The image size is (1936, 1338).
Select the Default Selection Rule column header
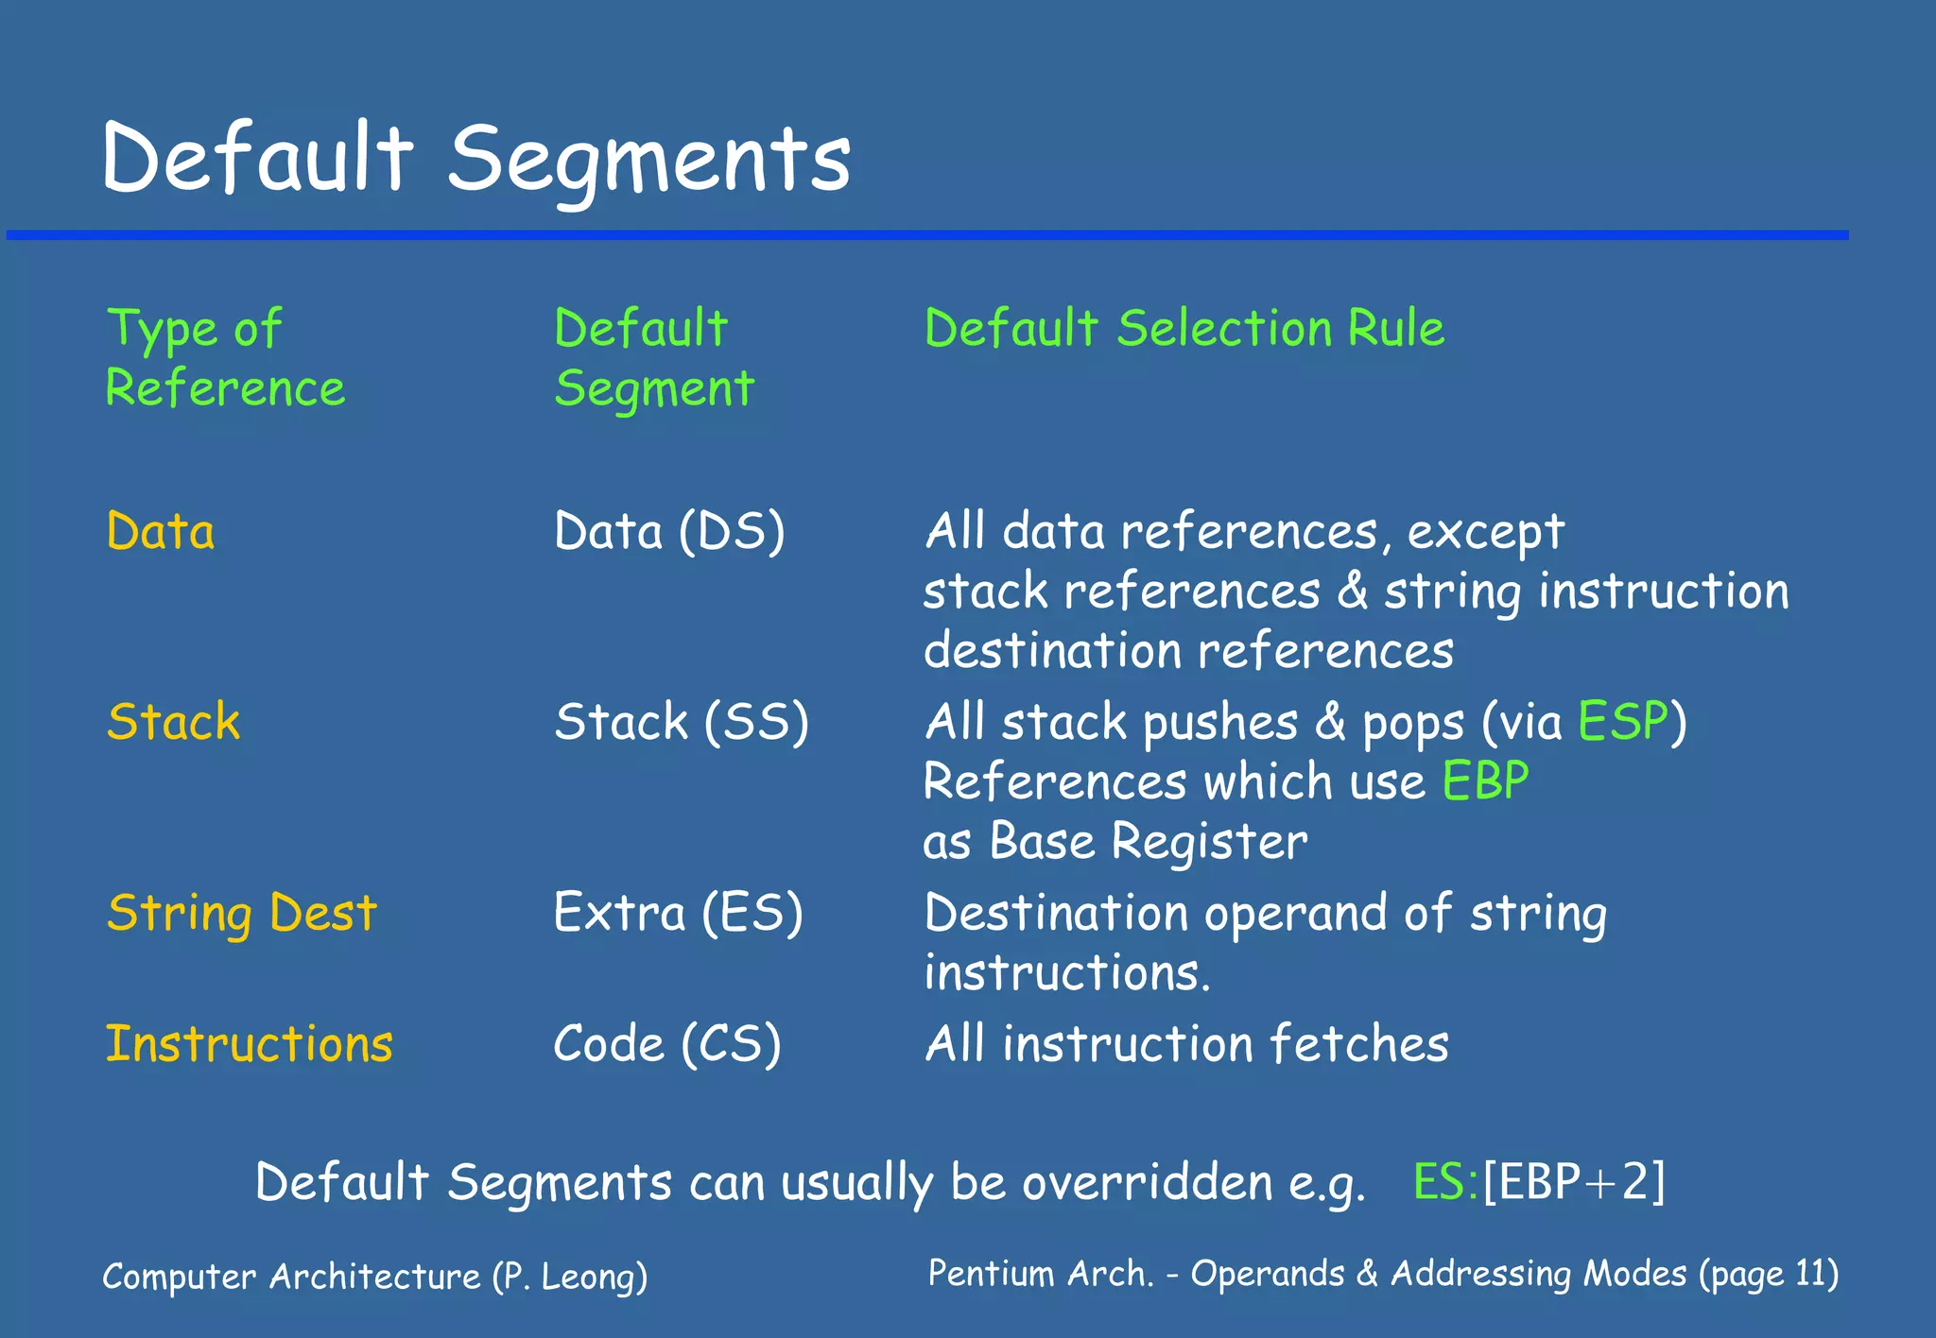pos(1184,329)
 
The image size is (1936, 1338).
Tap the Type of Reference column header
pos(225,359)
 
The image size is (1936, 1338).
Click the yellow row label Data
pos(161,531)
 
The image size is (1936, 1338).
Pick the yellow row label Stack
pos(173,722)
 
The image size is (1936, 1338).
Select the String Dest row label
pos(242,914)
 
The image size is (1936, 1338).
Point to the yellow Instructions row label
pos(249,1044)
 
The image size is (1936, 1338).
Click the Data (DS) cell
pos(669,531)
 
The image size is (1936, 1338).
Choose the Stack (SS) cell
pos(681,722)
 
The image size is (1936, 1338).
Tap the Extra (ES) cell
pos(678,914)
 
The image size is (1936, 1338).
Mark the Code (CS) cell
pos(666,1044)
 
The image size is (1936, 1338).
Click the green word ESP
pos(1623,722)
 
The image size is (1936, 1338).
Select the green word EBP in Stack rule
pos(1485,781)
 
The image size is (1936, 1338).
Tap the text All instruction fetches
pos(1186,1044)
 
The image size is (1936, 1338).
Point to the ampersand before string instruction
pos(1353,591)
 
